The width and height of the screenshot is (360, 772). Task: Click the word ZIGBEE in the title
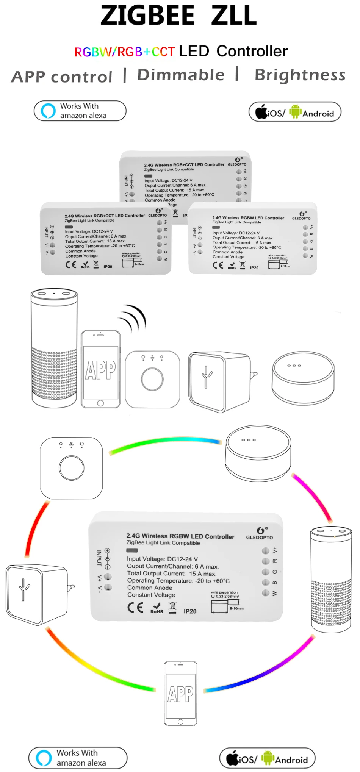pos(147,16)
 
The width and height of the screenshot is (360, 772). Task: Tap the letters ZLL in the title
pos(234,16)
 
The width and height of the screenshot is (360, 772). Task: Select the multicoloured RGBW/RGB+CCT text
pos(124,52)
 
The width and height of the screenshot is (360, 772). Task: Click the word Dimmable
pos(181,75)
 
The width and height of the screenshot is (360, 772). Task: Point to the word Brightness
pos(300,75)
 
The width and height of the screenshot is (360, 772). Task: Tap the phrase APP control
pos(62,77)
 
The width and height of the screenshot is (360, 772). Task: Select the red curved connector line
pos(36,528)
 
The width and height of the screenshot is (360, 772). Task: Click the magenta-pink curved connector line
pos(313,496)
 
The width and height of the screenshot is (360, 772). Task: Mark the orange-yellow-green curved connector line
pos(99,665)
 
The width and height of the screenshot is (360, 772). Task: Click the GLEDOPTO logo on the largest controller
pos(260,533)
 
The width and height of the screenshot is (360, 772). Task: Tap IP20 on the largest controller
pos(190,611)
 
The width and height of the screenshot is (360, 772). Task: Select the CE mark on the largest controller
pos(135,608)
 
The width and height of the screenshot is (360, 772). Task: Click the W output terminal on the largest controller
pos(266,593)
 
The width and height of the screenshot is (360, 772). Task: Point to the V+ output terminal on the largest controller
pos(266,550)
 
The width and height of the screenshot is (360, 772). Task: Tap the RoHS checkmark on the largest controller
pos(157,608)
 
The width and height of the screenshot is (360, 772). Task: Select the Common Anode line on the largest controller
pos(150,588)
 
